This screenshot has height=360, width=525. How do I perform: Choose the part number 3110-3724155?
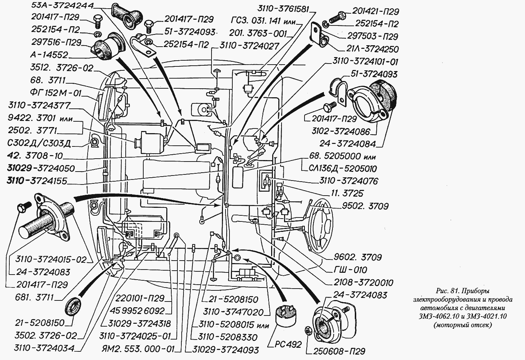tap(37, 181)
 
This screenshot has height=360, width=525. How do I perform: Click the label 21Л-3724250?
tap(373, 49)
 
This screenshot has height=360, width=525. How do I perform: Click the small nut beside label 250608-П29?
tap(308, 330)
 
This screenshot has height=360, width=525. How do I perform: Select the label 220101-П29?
tap(140, 298)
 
